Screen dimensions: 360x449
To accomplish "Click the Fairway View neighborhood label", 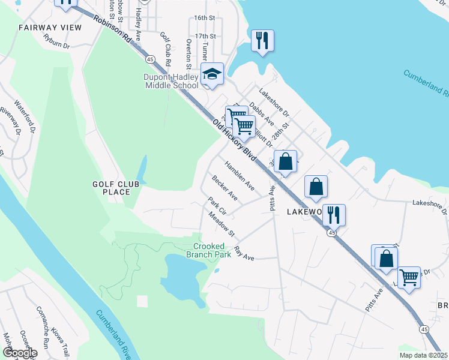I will (41, 28).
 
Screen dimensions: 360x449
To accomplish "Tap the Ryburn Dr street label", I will (58, 40).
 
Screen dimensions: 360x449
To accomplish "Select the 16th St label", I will (204, 18).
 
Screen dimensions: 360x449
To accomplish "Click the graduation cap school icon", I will (211, 74).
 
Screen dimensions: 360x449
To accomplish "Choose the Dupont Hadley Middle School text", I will (171, 82).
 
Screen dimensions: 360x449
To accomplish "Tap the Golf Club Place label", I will (112, 188).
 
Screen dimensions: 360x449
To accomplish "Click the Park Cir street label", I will (217, 206).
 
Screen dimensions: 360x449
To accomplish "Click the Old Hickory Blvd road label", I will (235, 140).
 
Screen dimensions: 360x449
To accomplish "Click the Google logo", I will (19, 353).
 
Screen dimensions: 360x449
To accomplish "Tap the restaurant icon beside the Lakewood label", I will (334, 215).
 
